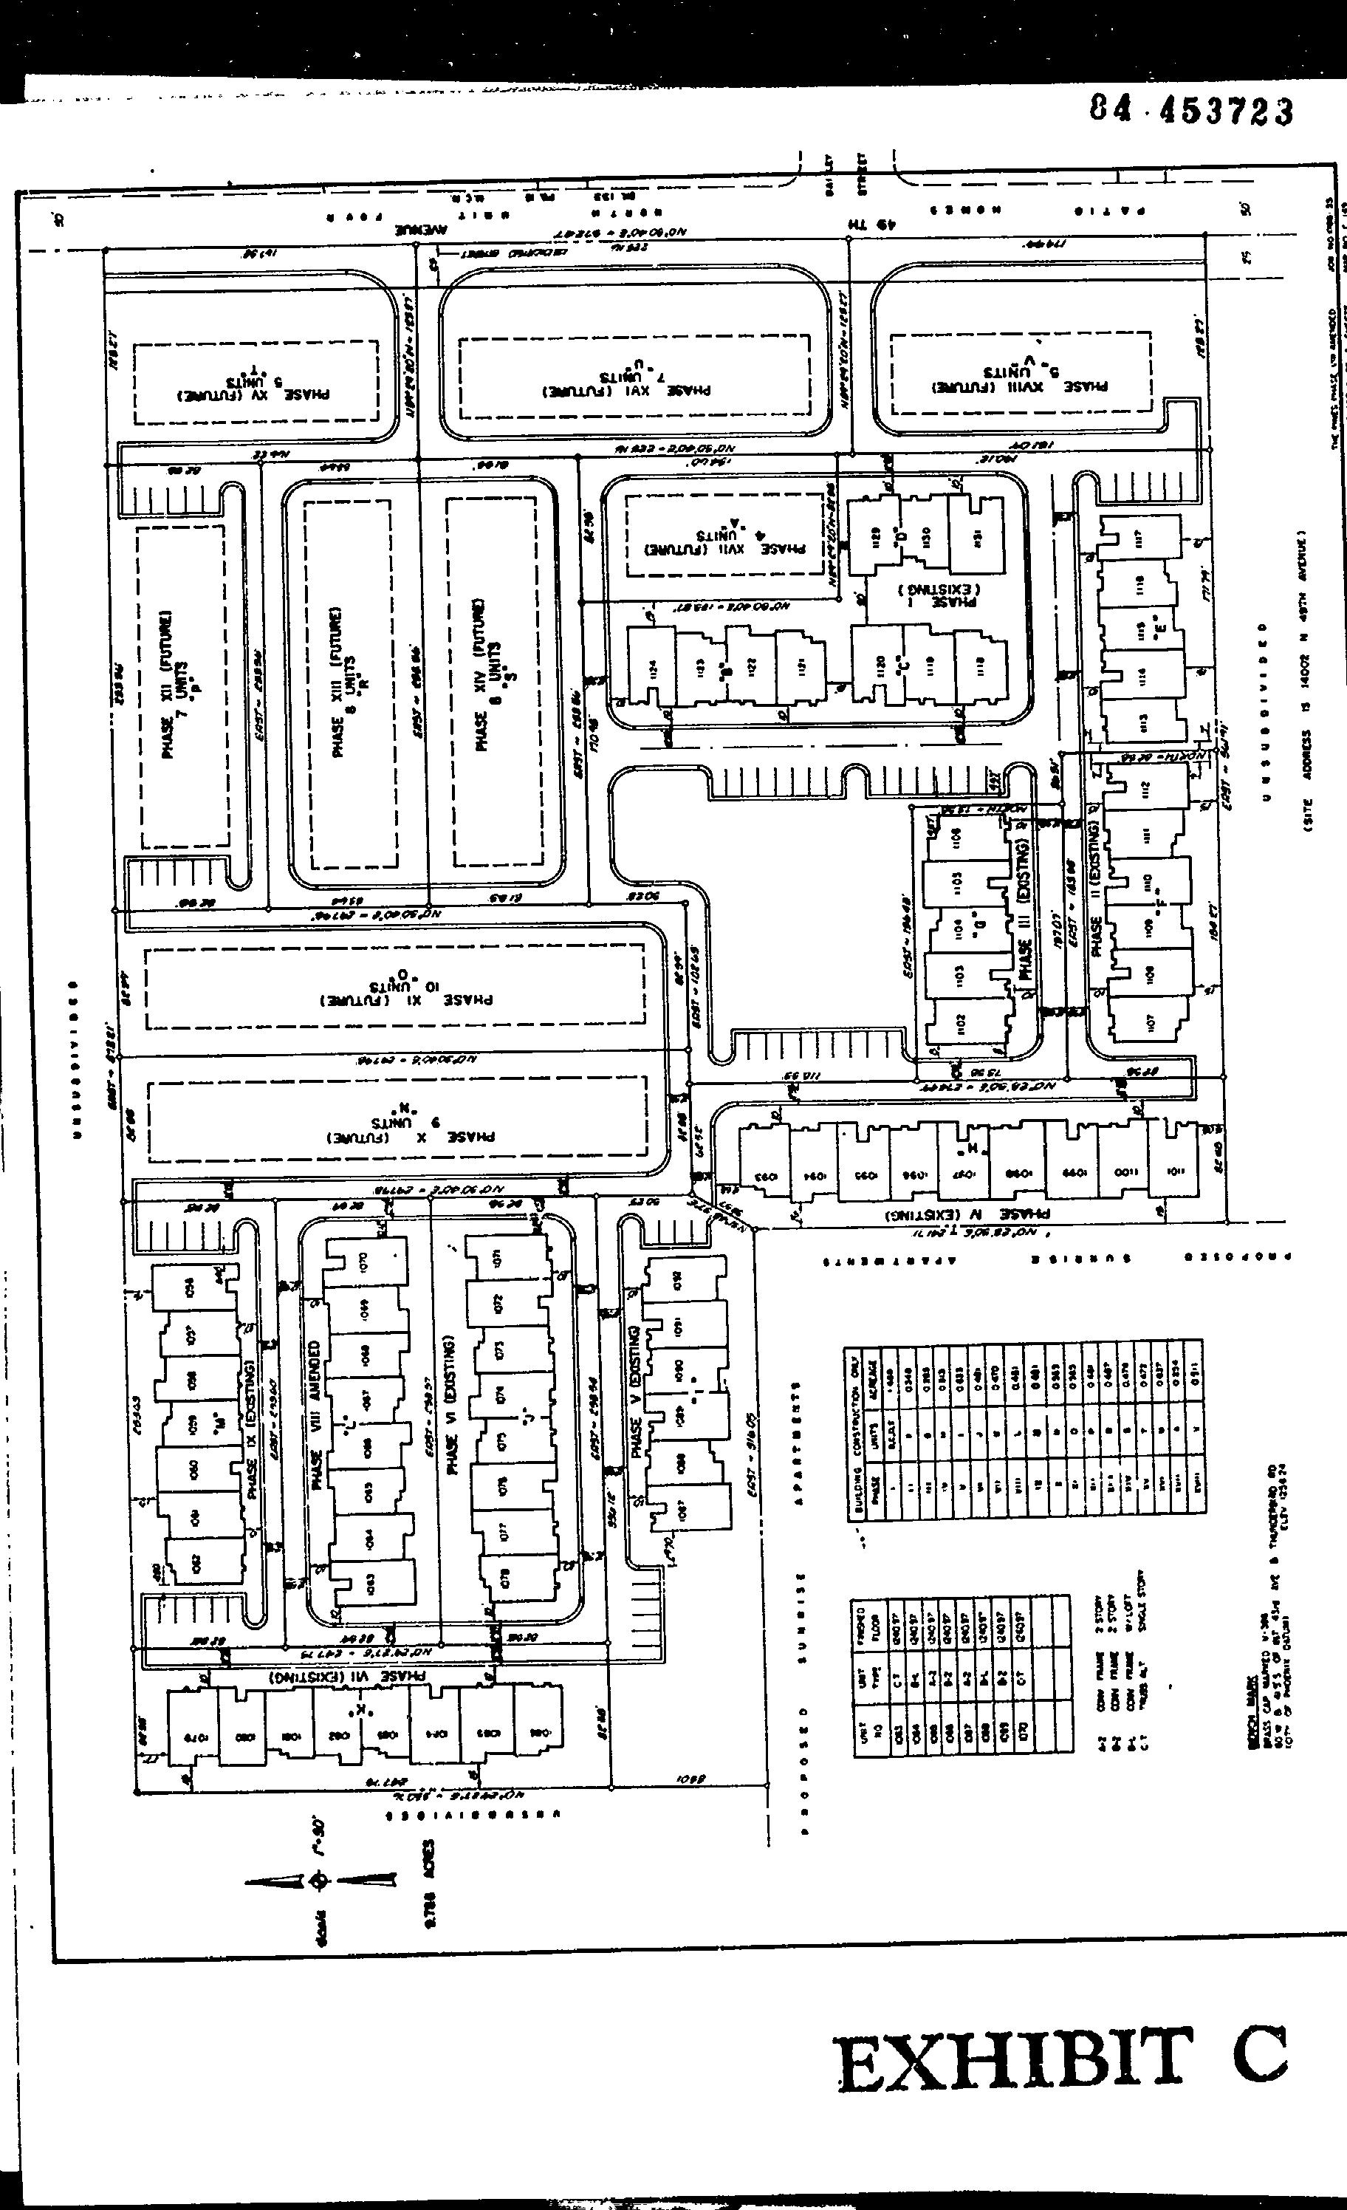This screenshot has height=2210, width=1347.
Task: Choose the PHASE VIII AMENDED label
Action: [x=315, y=1415]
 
